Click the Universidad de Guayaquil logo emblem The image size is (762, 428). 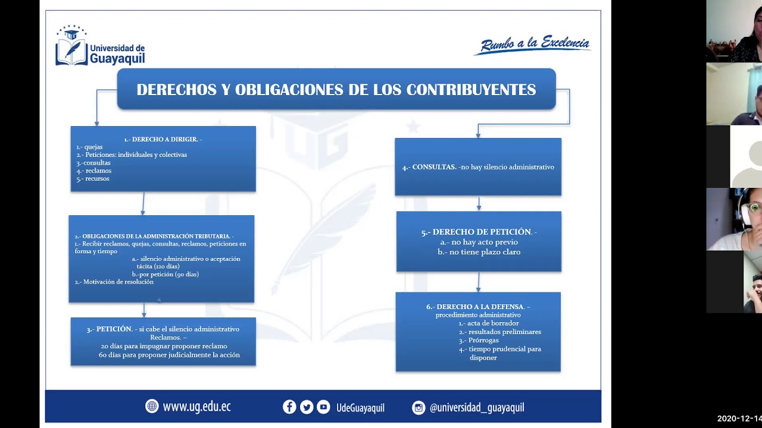coord(71,45)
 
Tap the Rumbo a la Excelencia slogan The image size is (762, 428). coord(533,45)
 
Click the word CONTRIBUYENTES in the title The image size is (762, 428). coord(471,90)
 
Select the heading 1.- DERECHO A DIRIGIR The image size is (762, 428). coord(163,139)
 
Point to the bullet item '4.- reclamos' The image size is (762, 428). coord(94,171)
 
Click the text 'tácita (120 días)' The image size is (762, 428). coord(158,266)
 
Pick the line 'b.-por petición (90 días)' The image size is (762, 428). coord(165,274)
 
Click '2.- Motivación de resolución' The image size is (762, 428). coord(114,282)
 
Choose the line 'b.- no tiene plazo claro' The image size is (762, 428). coord(479,252)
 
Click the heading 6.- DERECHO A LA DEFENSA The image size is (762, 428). coord(478,307)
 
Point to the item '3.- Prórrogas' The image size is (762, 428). coord(479,341)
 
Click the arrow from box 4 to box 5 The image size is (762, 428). coord(479,203)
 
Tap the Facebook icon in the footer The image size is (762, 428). coord(289,407)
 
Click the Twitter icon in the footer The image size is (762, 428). coord(307,407)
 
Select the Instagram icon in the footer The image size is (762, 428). coord(419,408)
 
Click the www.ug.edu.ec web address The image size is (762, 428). coord(196,407)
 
